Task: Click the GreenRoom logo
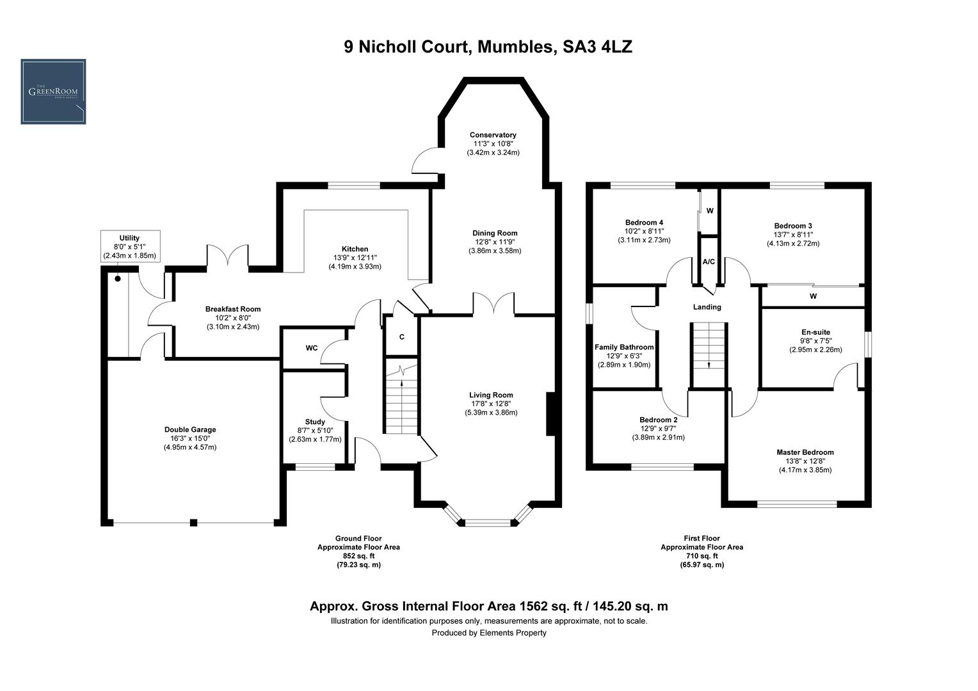click(53, 91)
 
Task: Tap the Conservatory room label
click(492, 135)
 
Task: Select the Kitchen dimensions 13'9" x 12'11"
click(355, 257)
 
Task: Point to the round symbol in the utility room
click(118, 279)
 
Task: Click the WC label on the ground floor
click(312, 348)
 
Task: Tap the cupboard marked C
click(401, 337)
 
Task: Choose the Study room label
click(315, 422)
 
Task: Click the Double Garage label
click(190, 429)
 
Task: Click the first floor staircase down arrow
click(709, 364)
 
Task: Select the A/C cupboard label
click(709, 262)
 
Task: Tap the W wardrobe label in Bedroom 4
click(710, 210)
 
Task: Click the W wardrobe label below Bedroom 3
click(813, 296)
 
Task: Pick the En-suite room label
click(815, 332)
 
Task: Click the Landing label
click(707, 307)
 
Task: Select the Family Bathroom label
click(624, 347)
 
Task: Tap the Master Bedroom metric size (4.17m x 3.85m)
click(805, 470)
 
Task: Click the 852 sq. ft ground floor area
click(358, 556)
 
